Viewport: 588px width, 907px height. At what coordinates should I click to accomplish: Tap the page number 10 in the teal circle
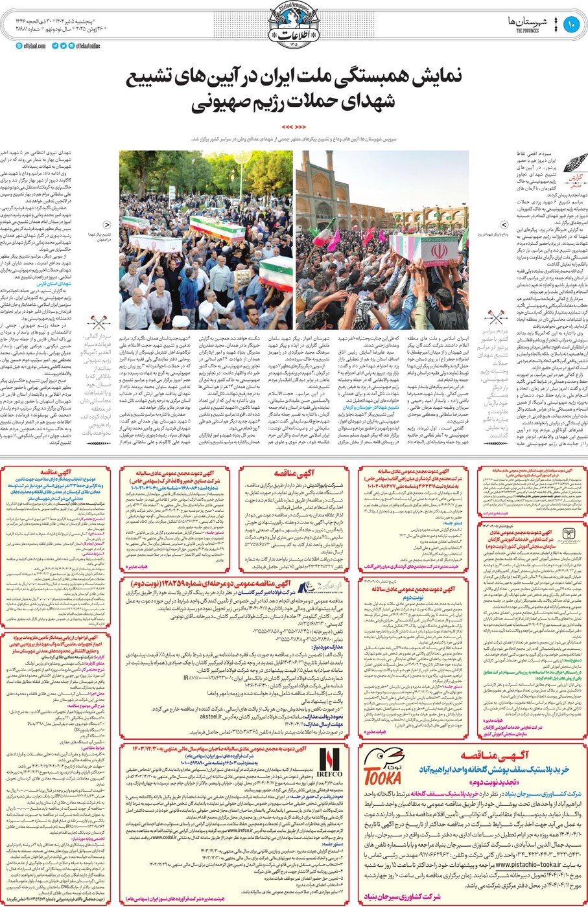(x=570, y=25)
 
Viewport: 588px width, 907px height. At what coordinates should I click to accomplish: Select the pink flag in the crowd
(x=333, y=241)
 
